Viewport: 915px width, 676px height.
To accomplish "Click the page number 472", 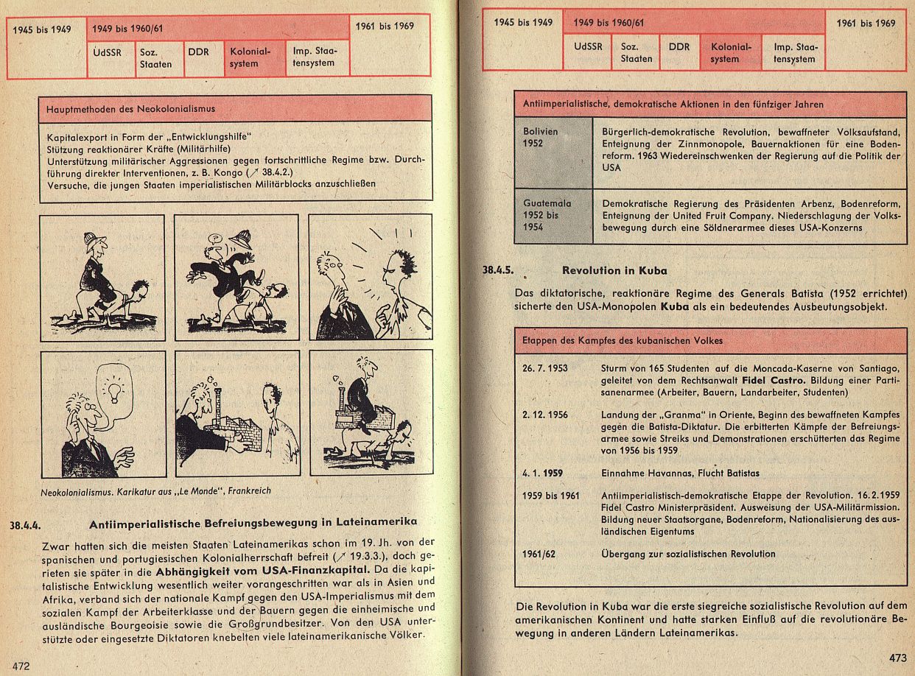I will pyautogui.click(x=20, y=666).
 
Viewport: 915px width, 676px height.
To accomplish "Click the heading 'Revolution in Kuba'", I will pyautogui.click(x=614, y=270).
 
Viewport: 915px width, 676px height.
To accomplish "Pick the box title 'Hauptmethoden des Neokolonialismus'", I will pyautogui.click(x=130, y=109).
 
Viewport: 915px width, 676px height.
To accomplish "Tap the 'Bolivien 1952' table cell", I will pyautogui.click(x=541, y=138).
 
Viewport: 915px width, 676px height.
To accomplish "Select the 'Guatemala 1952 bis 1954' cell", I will pyautogui.click(x=547, y=215).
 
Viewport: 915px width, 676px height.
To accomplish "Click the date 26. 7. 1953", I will pyautogui.click(x=545, y=368).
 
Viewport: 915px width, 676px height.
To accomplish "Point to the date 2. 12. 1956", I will pyautogui.click(x=545, y=415).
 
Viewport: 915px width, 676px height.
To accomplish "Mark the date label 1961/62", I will pyautogui.click(x=539, y=554).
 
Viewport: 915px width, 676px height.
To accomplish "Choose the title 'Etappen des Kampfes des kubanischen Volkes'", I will pyautogui.click(x=623, y=340).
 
